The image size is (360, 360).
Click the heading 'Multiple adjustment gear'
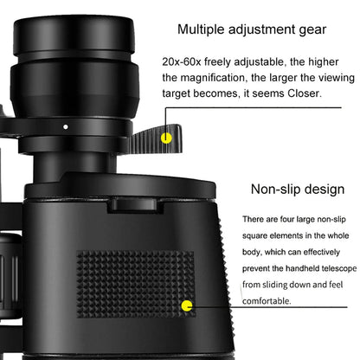(252, 29)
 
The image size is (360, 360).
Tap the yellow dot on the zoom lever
(168, 137)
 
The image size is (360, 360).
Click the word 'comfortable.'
(267, 300)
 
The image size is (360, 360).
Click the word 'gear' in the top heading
(312, 29)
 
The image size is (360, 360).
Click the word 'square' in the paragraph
(260, 235)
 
